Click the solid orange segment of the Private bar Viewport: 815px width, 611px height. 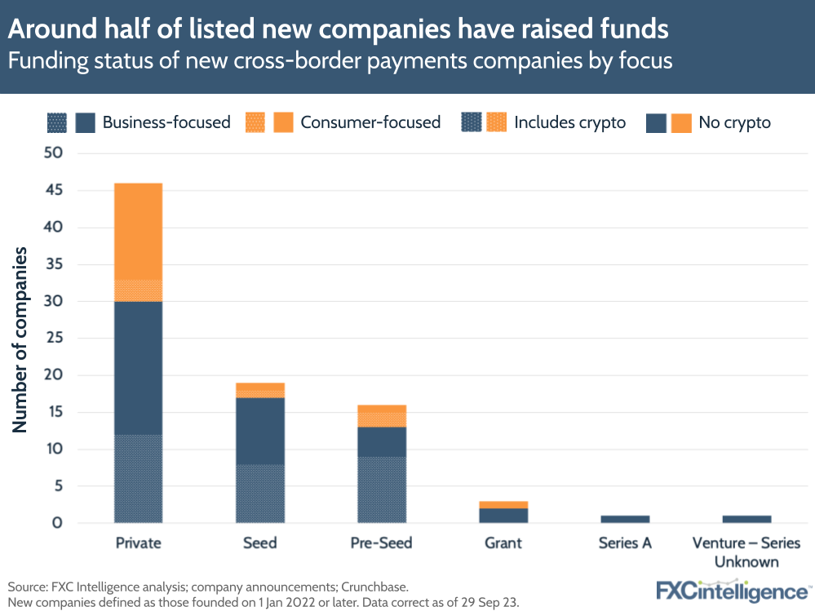(x=138, y=231)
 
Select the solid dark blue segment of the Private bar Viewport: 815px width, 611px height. (x=138, y=368)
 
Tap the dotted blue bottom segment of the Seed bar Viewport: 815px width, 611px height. (x=260, y=493)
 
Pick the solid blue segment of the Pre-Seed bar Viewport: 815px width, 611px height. (x=382, y=441)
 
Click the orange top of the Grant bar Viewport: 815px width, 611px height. (x=503, y=505)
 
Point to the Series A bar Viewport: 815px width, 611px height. (x=625, y=519)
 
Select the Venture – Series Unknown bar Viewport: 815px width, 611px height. (x=746, y=519)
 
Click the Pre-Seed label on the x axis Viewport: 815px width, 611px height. (x=382, y=543)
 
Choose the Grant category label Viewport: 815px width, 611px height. (x=503, y=543)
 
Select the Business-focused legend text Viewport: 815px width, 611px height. (x=166, y=122)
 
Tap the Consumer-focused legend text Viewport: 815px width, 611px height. (x=370, y=122)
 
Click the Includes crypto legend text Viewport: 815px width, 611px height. (x=569, y=122)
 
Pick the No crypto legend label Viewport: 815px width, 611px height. (x=734, y=122)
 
